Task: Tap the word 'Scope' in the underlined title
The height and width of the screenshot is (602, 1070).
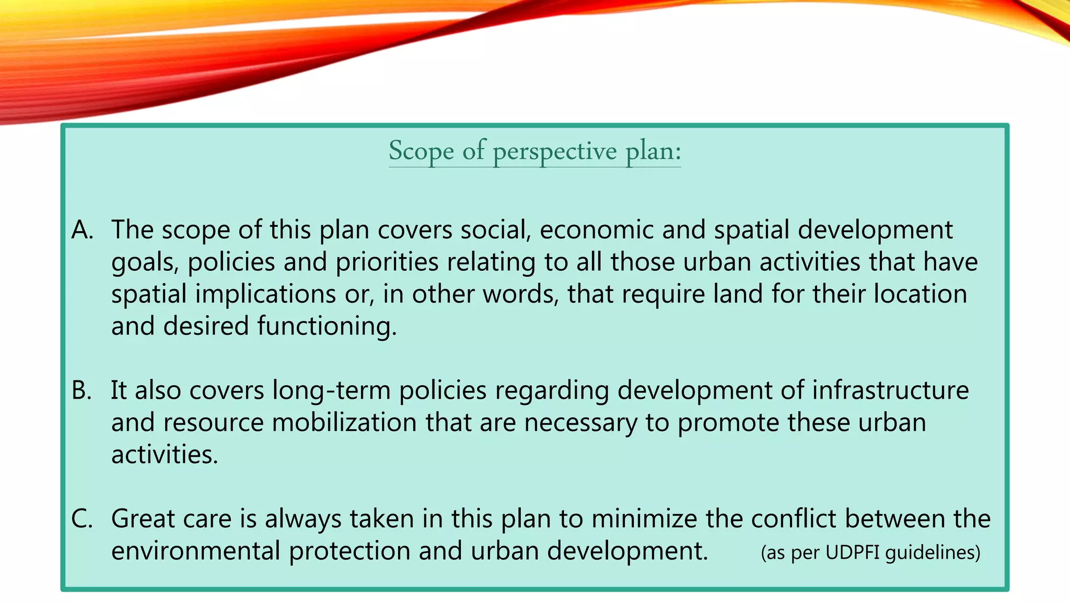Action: click(x=421, y=152)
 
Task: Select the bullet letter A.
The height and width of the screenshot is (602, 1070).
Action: click(x=82, y=230)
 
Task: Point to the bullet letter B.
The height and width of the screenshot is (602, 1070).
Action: click(x=82, y=390)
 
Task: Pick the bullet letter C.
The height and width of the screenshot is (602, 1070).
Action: click(x=82, y=519)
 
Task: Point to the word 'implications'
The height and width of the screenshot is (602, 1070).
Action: click(x=265, y=294)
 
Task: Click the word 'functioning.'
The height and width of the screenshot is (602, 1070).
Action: click(x=327, y=327)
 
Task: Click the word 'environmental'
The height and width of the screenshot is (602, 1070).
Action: click(x=196, y=551)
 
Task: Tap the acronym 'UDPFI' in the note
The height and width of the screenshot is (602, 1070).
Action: click(x=853, y=552)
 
